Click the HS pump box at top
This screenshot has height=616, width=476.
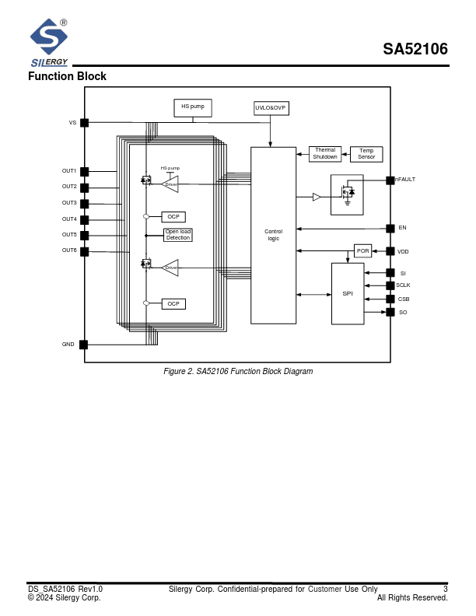coord(192,107)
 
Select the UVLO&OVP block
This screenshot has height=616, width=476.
coord(271,108)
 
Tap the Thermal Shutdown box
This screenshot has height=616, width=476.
coord(325,154)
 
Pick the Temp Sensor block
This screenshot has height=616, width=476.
coord(366,154)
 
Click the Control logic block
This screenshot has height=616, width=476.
coord(273,235)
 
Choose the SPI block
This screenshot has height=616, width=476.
coord(348,293)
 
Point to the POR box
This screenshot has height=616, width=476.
coord(363,250)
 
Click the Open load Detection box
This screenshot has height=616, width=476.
coord(177,234)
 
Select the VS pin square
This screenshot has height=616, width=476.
coord(84,123)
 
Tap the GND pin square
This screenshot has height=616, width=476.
coord(84,345)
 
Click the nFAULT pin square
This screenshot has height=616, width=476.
coord(390,180)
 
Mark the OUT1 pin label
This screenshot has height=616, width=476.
coord(69,171)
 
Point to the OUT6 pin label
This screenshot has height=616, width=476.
coord(69,250)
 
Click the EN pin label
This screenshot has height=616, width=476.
coord(402,228)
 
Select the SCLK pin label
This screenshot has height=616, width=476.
coord(403,285)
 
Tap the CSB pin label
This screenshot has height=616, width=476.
coord(404,299)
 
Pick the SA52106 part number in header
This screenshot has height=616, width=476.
coord(415,50)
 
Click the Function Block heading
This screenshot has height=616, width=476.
coord(67,76)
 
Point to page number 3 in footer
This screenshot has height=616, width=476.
coord(445,590)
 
